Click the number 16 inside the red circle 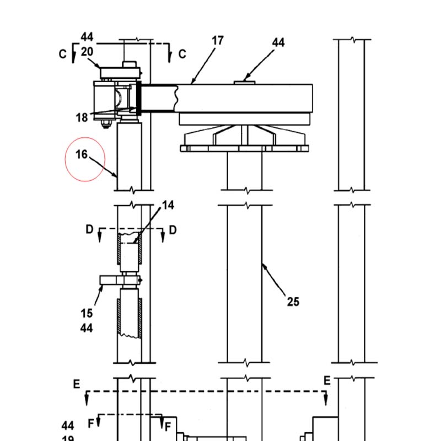point(82,154)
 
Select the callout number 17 point(218,41)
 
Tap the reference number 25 point(293,302)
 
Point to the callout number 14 point(168,205)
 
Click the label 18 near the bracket point(82,117)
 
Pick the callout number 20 point(87,52)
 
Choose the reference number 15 point(87,313)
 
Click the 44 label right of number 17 point(278,42)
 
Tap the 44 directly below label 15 point(87,328)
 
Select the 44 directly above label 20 point(87,37)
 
